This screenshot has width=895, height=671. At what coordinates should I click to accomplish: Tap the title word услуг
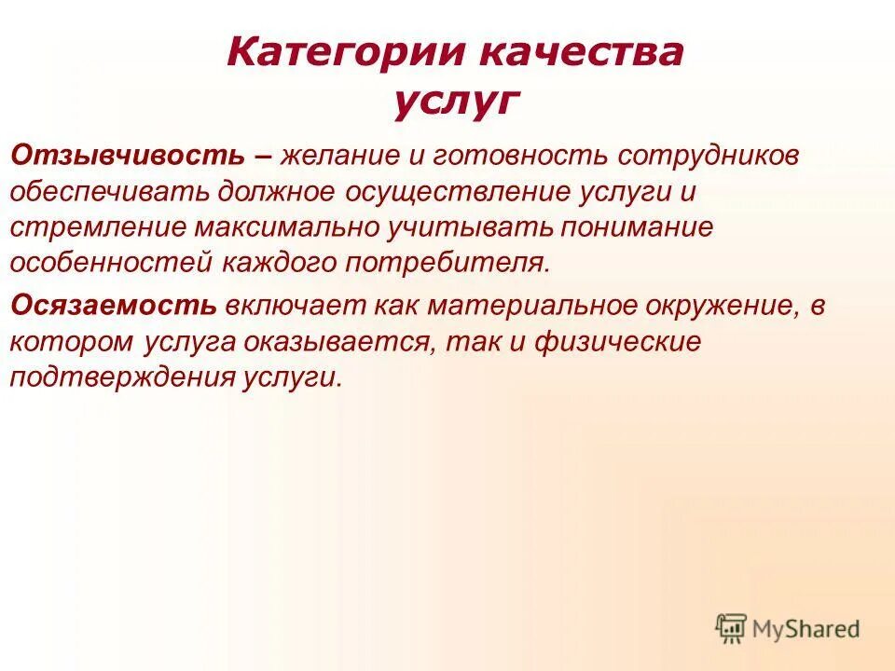(454, 101)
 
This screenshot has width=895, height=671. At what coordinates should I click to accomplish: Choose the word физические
(617, 341)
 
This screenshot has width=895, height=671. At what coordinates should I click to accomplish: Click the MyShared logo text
(806, 629)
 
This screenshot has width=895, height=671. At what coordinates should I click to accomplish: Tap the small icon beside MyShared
(731, 629)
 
